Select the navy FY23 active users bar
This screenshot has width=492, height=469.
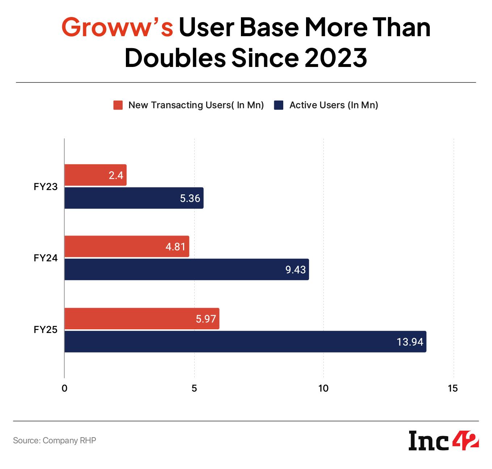134,198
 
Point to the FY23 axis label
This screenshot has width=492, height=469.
46,187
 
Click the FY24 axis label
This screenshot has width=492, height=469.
46,258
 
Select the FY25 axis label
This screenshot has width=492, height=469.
46,330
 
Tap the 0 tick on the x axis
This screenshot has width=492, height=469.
64,389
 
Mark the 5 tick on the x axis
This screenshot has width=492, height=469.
194,389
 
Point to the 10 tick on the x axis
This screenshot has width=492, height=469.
323,389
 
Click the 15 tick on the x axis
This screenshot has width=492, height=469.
453,389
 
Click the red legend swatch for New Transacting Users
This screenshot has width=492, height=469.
118,105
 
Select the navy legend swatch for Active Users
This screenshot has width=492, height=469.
279,105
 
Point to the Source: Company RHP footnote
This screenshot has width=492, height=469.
55,440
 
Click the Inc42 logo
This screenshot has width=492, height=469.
444,440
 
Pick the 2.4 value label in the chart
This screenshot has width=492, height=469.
116,176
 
